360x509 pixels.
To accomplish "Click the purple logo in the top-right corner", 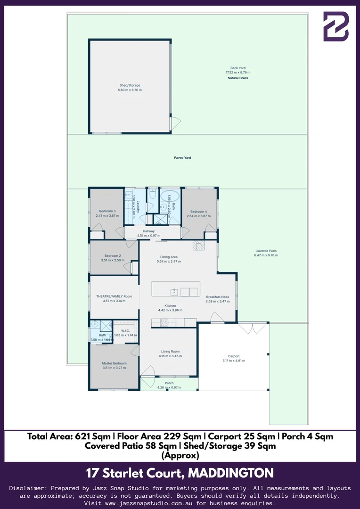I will [336, 26].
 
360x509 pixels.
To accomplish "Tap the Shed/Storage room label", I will [129, 85].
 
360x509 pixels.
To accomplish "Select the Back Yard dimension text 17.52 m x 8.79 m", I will [238, 73].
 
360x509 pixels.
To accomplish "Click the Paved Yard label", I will [182, 158].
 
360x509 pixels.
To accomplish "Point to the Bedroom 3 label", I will [107, 211].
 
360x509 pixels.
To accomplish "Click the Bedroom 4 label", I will [198, 212].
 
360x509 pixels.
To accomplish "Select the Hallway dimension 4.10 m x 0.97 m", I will [149, 236].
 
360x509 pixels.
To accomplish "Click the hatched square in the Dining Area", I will [198, 246].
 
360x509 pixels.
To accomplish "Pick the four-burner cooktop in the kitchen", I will [164, 323].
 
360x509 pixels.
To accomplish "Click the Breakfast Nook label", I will [217, 297].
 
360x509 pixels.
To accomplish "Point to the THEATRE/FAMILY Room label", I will [111, 296].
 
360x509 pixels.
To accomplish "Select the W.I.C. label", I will [125, 330].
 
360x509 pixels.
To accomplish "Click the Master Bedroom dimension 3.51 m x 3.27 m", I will [115, 368].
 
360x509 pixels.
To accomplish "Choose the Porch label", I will [169, 383].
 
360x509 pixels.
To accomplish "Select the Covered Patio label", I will [266, 251].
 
